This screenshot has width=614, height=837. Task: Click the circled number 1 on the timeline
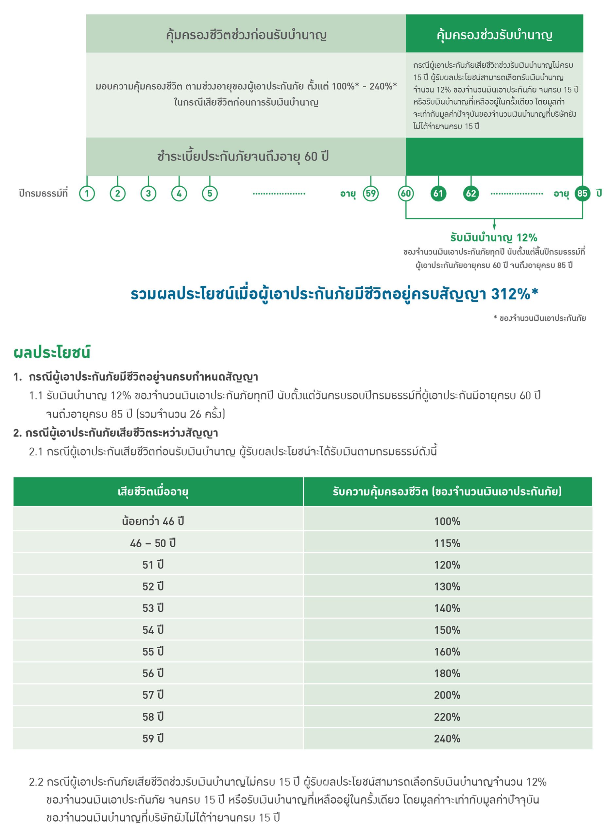point(87,193)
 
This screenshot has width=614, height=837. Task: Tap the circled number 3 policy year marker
point(148,193)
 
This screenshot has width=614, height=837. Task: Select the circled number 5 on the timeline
point(210,193)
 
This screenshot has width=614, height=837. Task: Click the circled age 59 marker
point(370,193)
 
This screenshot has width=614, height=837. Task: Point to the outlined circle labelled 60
point(406,193)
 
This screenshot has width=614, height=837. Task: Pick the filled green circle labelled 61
point(438,193)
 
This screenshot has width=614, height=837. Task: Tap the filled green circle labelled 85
point(582,193)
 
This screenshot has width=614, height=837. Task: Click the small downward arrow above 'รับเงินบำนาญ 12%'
point(494,225)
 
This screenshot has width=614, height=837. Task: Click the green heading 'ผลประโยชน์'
point(52,352)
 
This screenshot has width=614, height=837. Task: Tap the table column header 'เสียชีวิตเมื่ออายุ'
point(153,492)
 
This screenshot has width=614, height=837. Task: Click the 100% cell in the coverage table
point(447,521)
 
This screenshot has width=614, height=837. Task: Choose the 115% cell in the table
point(447,543)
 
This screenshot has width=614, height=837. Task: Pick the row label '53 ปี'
point(153,608)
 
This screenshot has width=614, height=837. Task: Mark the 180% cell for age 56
point(447,673)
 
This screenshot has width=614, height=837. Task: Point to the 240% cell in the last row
point(447,739)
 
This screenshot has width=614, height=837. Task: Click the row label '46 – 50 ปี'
point(153,543)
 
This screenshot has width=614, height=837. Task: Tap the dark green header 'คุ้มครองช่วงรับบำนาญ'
point(494,35)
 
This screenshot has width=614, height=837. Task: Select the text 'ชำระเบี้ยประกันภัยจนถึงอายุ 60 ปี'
point(243,157)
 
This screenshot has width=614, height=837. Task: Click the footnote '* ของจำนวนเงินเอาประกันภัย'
point(540,318)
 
